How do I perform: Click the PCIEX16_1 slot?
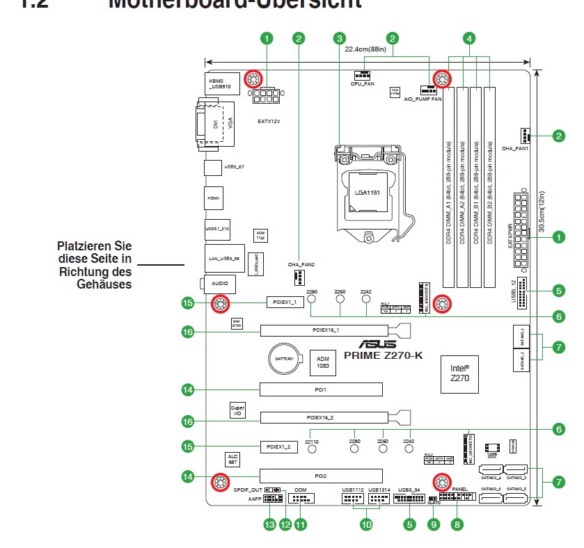coord(326,330)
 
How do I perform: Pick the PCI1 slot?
coord(321,390)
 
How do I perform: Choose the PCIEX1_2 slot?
coord(284,445)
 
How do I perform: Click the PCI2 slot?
coord(321,476)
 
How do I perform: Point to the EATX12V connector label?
coord(269,120)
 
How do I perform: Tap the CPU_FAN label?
coord(362,83)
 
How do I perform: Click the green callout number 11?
coord(300,525)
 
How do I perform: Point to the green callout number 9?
coord(434,525)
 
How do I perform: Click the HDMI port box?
coord(214,198)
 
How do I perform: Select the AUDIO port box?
coord(220,284)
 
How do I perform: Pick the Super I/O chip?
coord(237,410)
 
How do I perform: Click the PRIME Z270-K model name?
coord(383,355)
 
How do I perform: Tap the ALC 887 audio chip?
coord(232,459)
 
